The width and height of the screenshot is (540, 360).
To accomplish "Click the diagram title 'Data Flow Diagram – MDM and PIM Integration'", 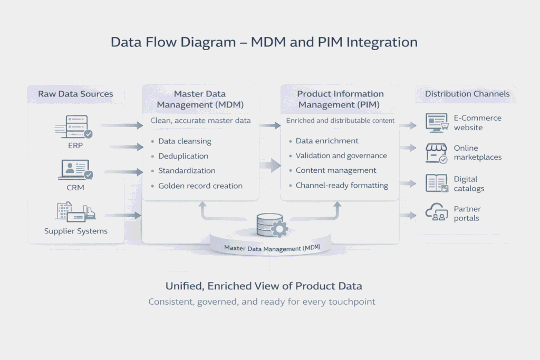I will [264, 42].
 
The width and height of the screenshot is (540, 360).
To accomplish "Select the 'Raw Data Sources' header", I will [75, 94].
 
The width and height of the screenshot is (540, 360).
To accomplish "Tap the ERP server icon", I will [73, 127].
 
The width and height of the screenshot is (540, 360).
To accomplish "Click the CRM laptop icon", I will [75, 170].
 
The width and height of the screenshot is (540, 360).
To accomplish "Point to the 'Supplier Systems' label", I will [75, 231].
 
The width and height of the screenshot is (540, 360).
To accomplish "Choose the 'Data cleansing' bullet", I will [185, 141].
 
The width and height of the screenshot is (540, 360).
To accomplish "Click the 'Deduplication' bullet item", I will [183, 156].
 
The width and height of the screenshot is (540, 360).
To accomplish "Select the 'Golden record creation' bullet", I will [200, 186].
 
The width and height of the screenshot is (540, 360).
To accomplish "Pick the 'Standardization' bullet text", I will [187, 171].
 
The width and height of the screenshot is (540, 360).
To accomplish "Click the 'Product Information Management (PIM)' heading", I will [340, 99].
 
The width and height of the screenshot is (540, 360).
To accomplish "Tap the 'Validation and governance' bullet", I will [341, 155].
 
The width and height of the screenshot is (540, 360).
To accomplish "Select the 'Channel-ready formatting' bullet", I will [342, 185].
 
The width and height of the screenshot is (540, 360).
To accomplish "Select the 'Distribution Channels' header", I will [467, 94].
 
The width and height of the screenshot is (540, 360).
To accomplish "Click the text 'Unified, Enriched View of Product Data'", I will [264, 286].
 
